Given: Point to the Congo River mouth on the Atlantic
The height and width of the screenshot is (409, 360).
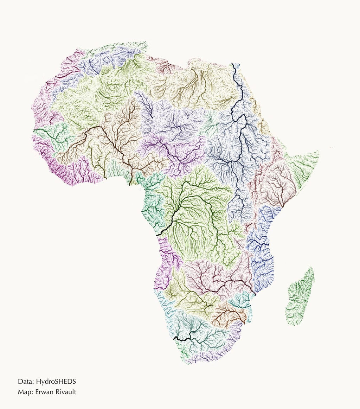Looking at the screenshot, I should coord(157,235).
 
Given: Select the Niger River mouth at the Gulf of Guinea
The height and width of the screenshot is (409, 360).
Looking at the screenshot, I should coord(130,184).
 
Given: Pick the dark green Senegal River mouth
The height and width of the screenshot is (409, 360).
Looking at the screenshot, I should coord(34,130).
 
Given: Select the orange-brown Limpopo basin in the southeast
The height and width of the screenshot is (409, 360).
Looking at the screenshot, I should coord(229,313).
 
